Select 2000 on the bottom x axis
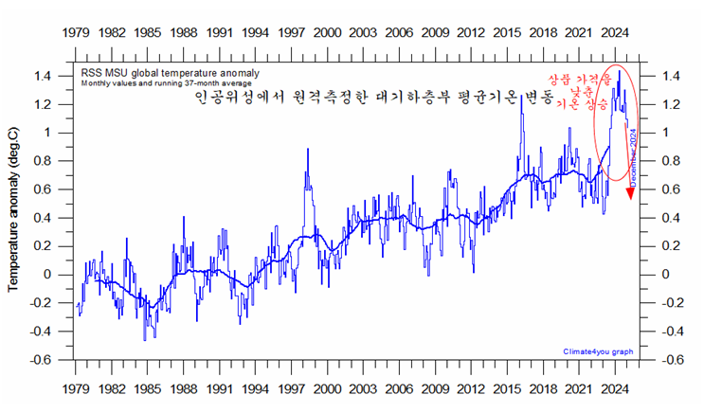point(327,388)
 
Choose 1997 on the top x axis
point(291,32)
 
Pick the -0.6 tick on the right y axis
point(671,360)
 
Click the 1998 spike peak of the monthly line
point(307,149)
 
